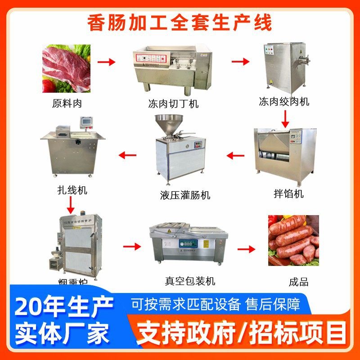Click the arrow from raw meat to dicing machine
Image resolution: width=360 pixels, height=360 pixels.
(x=107, y=62)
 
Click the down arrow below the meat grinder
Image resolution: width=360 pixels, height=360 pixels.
(x=284, y=119)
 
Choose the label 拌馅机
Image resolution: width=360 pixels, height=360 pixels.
(x=288, y=193)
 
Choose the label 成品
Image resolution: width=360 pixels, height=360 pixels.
(x=298, y=282)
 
